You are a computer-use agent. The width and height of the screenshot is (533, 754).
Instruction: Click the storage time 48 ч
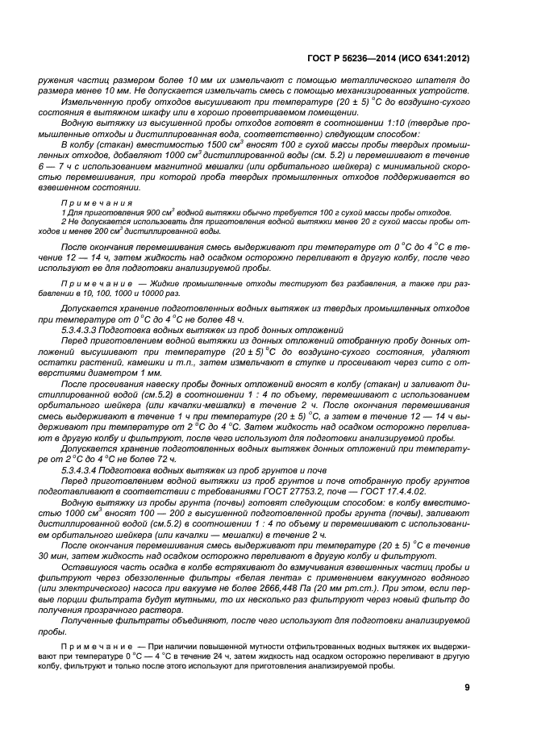(200, 320)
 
